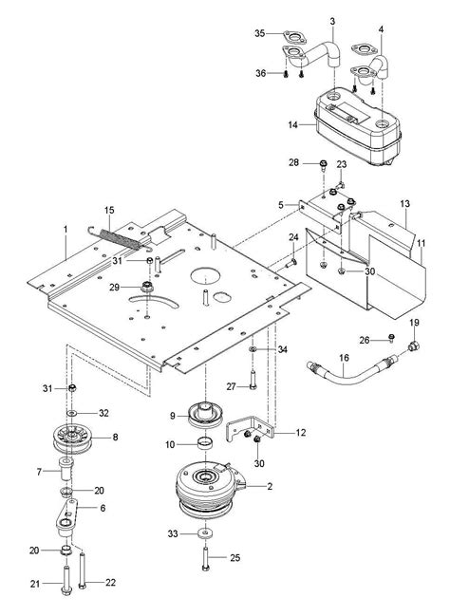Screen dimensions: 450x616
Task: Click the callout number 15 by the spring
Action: click(x=109, y=210)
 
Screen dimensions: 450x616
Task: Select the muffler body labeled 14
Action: click(x=358, y=126)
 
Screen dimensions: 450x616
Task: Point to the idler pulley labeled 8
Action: click(x=73, y=439)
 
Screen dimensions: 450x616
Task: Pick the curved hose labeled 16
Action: click(x=349, y=370)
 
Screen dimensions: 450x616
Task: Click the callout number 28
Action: click(x=293, y=162)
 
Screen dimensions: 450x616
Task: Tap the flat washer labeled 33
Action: click(x=205, y=533)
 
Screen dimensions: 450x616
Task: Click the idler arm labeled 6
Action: click(x=66, y=518)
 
